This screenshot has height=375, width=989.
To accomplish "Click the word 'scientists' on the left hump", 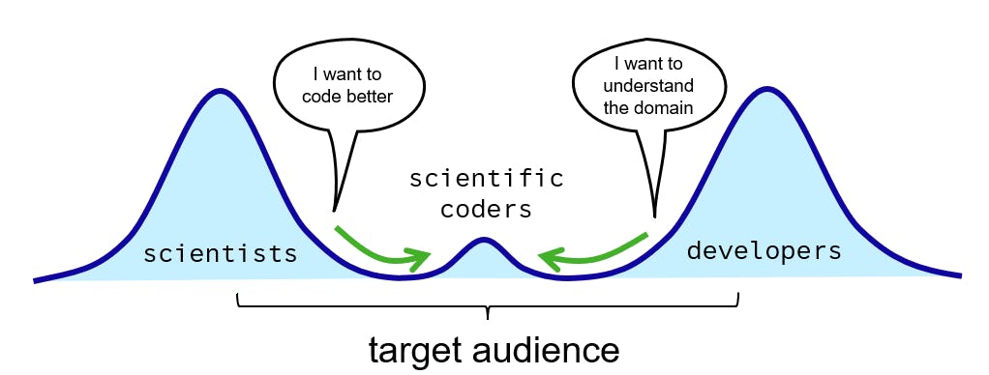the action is tap(220, 253).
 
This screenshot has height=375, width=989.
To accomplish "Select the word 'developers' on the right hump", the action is tap(764, 251).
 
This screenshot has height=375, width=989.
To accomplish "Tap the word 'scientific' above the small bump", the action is tap(487, 179).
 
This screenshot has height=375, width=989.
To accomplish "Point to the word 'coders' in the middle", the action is tap(487, 209).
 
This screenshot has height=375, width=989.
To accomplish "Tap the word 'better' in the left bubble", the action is tap(371, 97).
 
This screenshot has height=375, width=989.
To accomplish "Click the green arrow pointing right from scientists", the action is tap(380, 249).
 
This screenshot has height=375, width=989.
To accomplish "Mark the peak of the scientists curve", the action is tap(220, 90).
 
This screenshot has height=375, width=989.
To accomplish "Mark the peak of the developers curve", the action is tap(767, 88).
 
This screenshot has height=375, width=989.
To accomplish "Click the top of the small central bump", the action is tap(484, 239).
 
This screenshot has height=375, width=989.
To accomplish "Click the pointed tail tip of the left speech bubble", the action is tap(334, 212).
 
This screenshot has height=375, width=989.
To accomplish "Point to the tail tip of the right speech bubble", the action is tap(656, 216).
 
